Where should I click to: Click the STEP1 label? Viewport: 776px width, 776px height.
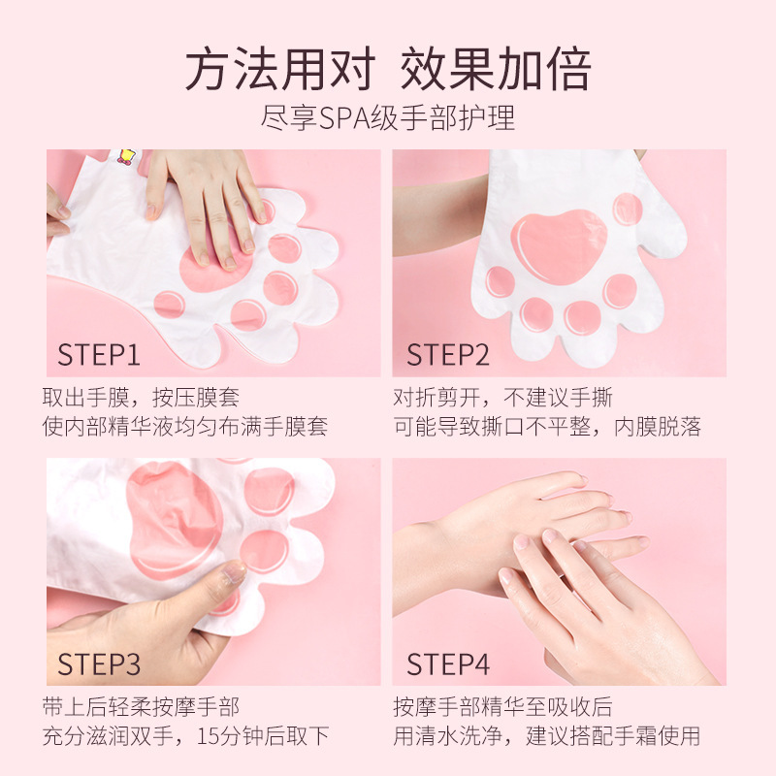coord(99,354)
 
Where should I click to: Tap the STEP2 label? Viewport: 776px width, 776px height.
coord(448,354)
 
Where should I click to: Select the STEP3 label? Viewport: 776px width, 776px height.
coord(99,663)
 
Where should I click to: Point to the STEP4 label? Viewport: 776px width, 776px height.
coord(448,663)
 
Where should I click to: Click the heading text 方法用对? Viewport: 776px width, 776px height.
coord(280,69)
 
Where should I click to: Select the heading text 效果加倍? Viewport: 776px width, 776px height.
coord(496,69)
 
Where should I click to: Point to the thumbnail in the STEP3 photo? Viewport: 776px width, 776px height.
coord(235,571)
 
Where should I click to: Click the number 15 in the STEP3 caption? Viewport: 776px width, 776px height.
coord(209,736)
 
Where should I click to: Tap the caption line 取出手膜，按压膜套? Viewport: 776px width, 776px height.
coord(141,397)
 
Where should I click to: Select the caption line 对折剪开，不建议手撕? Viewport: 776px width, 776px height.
coord(502,397)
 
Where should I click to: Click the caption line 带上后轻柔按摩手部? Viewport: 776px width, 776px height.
coord(141,706)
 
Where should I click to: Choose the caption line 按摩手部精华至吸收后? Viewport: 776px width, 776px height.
coord(502,706)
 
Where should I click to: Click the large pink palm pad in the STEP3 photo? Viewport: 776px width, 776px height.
coord(174,520)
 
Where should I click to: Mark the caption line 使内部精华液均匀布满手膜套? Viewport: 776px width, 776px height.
coord(185,427)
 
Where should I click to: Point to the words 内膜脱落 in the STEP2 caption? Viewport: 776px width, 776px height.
coord(658,427)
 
